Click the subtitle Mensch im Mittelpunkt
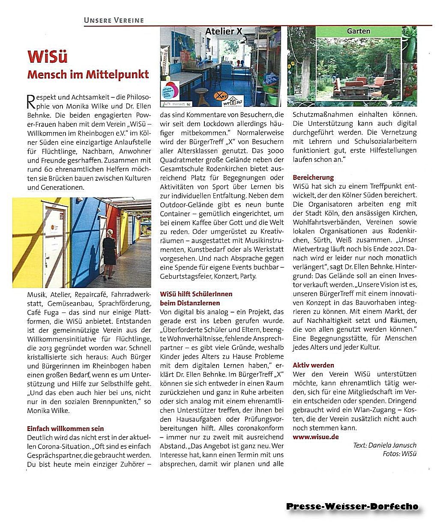[x=88, y=74]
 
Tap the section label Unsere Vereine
[x=114, y=20]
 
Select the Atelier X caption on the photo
[x=223, y=31]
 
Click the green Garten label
[x=359, y=31]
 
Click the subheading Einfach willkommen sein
[x=65, y=428]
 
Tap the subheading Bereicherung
[x=313, y=177]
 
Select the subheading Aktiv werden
[x=313, y=365]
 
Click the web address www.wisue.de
[x=316, y=437]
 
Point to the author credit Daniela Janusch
[x=396, y=445]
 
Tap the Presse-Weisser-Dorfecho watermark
[x=352, y=507]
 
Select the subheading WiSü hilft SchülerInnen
[x=196, y=294]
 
